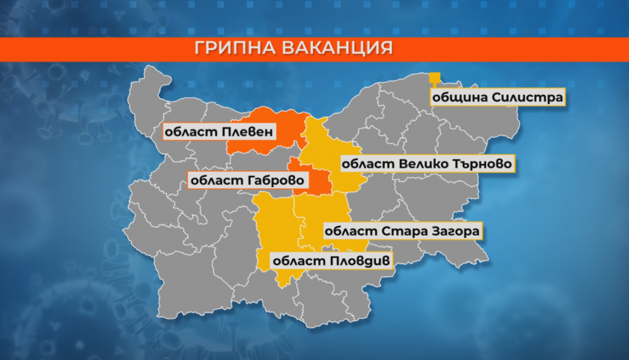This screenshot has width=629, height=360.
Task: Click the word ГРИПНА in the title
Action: click(236, 49)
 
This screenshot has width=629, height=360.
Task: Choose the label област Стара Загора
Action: click(401, 231)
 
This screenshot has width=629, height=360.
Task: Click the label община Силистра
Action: click(495, 97)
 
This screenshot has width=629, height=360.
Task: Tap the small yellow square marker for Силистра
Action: click(434, 77)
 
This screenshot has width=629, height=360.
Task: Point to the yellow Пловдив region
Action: click(275, 225)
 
